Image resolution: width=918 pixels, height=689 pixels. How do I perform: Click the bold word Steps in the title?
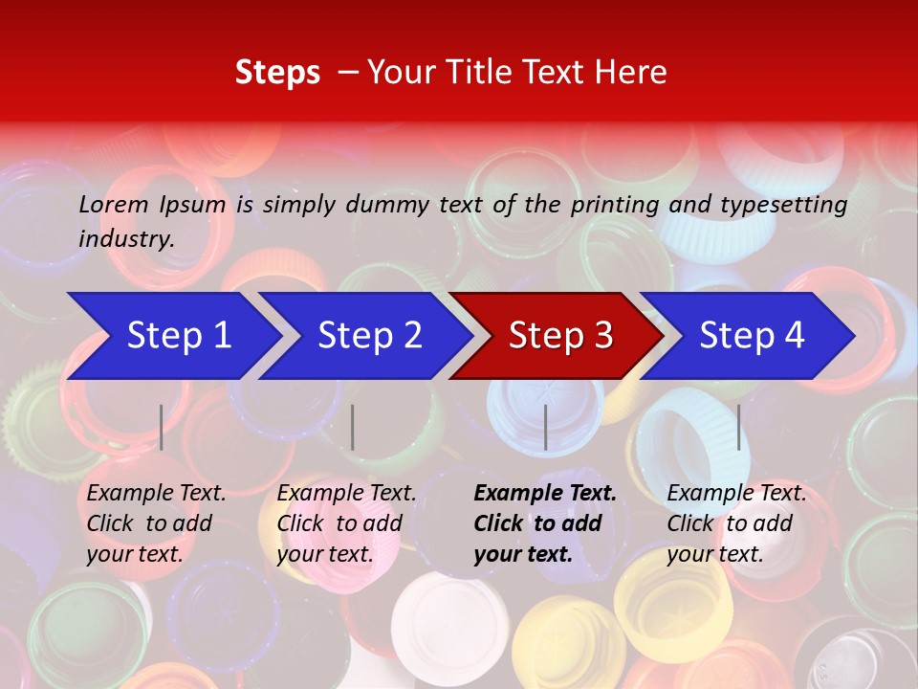point(277,73)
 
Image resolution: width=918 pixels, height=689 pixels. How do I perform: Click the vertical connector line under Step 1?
point(162,427)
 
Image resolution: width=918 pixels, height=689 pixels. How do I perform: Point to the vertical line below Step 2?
point(353,427)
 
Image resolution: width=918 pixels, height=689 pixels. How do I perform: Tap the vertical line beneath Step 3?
point(545,427)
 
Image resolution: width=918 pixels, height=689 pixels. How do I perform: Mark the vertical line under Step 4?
point(738,427)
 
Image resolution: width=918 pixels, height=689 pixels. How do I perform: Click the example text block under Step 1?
point(156,523)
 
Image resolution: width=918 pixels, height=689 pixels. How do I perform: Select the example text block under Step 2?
point(346,523)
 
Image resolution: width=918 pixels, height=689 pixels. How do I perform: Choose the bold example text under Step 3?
point(545,523)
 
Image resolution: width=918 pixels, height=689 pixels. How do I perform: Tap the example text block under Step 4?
point(736,523)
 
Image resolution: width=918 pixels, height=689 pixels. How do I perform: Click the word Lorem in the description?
point(114,205)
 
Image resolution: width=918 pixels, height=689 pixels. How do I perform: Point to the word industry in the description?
point(126,239)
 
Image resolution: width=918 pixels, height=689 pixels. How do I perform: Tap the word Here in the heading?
point(630,73)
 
